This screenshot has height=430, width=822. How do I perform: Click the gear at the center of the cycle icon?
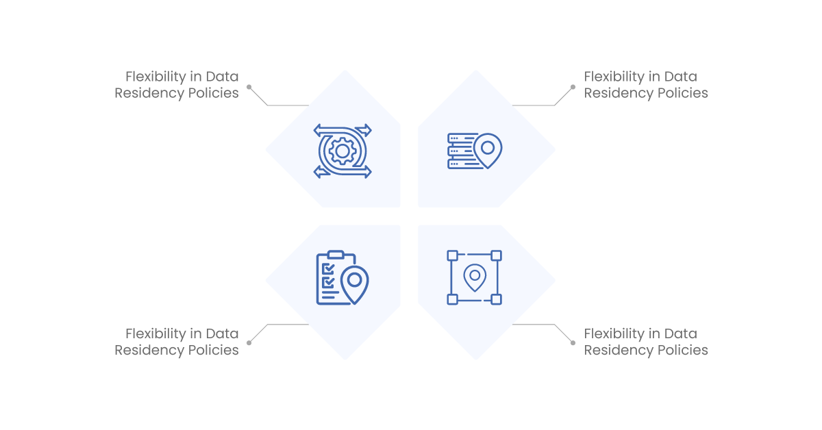[x=342, y=151]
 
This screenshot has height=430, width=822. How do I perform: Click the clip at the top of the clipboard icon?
[x=336, y=255]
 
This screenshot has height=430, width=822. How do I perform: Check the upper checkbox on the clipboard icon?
[x=328, y=269]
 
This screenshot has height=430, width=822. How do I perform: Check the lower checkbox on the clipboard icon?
[x=328, y=283]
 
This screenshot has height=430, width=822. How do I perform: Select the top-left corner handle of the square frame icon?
[x=453, y=255]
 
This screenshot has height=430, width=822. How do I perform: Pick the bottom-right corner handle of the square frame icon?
[x=496, y=299]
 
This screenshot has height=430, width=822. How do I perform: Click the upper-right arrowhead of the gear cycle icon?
[x=364, y=130]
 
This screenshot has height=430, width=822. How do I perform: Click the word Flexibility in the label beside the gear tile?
[x=156, y=77]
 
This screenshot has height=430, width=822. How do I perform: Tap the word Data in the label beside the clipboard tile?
[x=222, y=334]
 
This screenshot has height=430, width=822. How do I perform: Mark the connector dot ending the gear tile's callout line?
[x=249, y=87]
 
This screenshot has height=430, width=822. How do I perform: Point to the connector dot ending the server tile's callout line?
[x=573, y=87]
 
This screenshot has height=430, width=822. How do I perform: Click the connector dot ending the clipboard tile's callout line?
[x=249, y=342]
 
